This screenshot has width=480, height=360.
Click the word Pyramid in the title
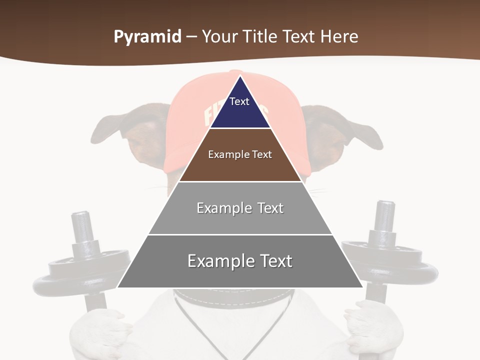coord(147,37)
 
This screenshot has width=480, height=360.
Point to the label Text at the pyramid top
coord(239,101)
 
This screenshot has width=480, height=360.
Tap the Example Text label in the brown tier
coord(240,154)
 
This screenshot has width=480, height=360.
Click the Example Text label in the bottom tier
coord(240,261)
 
